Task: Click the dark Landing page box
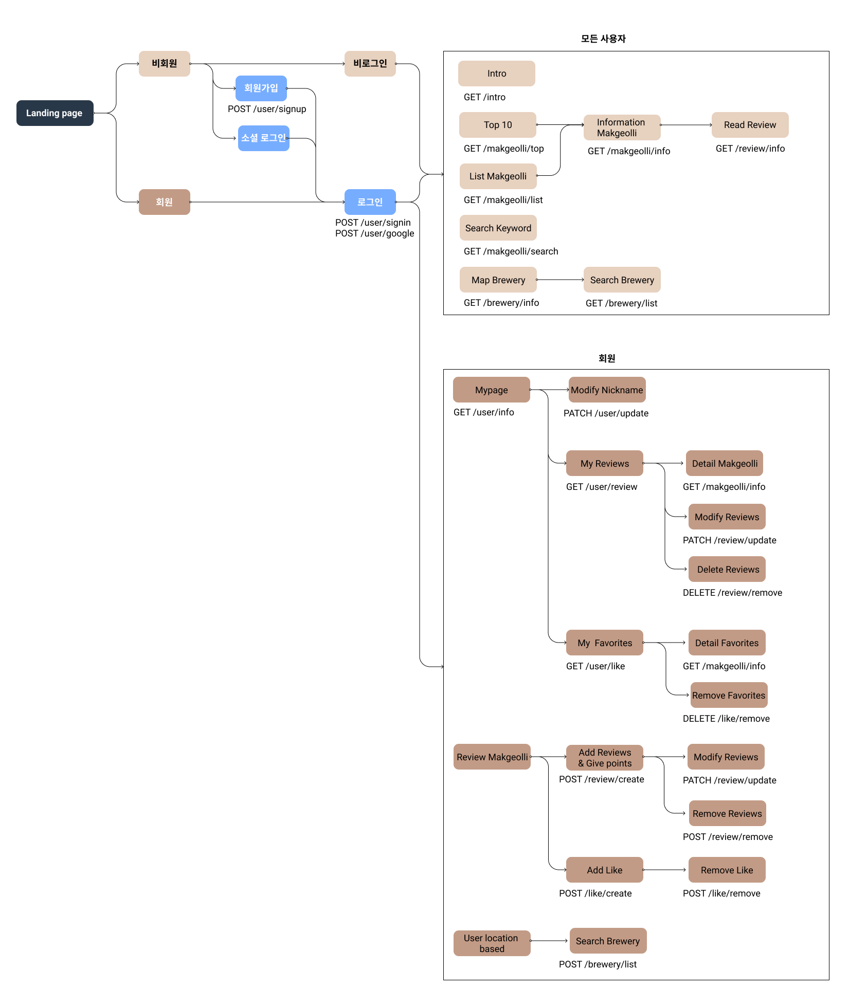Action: [55, 113]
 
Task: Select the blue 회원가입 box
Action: [261, 88]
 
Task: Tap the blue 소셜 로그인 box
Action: [263, 138]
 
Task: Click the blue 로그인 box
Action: [370, 202]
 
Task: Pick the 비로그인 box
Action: [370, 64]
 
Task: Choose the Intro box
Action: [496, 74]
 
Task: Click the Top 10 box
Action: [497, 125]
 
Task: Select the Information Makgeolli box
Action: [622, 127]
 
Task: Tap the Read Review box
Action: [750, 125]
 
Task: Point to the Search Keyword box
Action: [498, 228]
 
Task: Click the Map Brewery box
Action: [498, 280]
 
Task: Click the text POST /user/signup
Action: [267, 109]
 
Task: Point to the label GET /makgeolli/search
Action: [511, 251]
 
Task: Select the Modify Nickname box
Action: [607, 390]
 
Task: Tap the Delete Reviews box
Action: [728, 570]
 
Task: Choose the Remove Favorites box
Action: [729, 696]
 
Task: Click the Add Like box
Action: [604, 870]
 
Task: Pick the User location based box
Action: [492, 943]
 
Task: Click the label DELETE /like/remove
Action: [726, 719]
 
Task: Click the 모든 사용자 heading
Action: [603, 39]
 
